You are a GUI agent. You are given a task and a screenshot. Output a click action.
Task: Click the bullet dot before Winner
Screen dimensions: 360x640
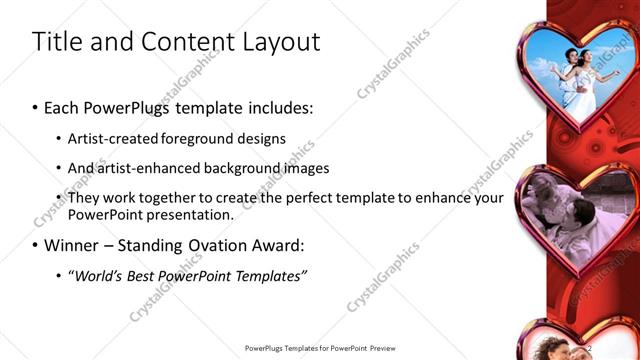pyautogui.click(x=36, y=245)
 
